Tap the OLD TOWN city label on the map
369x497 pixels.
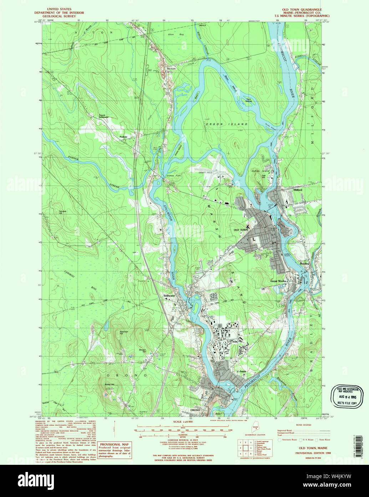tap(241, 230)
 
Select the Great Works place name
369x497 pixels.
tap(278, 281)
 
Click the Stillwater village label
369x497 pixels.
tap(169, 296)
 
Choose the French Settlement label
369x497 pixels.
tap(104, 116)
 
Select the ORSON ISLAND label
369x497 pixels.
tap(227, 124)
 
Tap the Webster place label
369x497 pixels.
tap(241, 372)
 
